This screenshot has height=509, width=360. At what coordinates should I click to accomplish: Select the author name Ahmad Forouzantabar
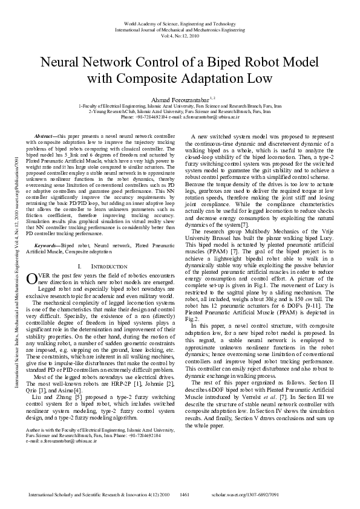coord(177,99)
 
